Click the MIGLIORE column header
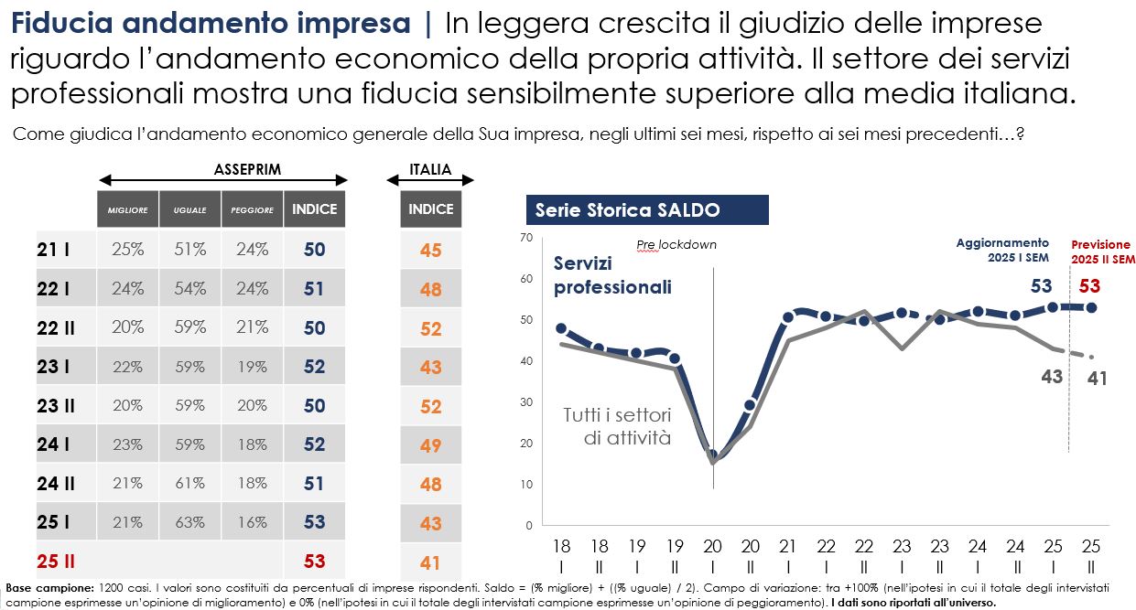click(127, 209)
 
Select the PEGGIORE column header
click(252, 209)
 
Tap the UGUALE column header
click(189, 209)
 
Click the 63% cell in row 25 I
click(189, 522)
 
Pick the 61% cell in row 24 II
click(189, 483)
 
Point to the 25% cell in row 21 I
click(127, 249)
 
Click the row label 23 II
click(57, 405)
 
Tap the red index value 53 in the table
click(314, 561)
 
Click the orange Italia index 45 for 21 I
click(430, 250)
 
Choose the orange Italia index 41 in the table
click(430, 562)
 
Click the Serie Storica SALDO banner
click(646, 210)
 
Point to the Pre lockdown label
click(676, 244)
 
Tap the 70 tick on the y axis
click(525, 238)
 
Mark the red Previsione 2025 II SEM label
click(1101, 251)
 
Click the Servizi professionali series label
click(611, 275)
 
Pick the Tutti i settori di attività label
click(617, 426)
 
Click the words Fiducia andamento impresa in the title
click(211, 24)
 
